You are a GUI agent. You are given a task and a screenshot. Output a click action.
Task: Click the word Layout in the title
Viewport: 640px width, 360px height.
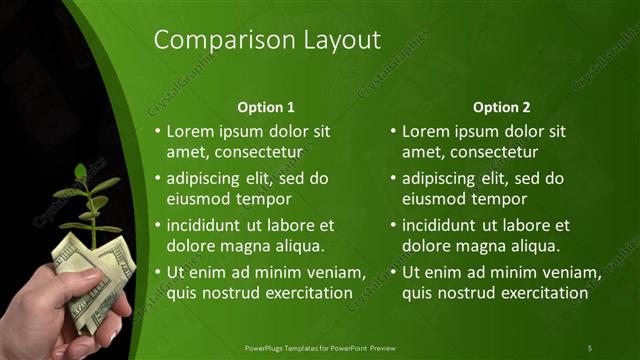coord(339,40)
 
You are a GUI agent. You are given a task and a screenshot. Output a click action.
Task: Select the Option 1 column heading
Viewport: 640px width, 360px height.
coord(266,107)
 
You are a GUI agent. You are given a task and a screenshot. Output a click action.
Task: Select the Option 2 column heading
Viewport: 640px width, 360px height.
coord(502,107)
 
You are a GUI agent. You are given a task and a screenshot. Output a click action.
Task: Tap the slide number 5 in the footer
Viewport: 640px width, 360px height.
coord(589,347)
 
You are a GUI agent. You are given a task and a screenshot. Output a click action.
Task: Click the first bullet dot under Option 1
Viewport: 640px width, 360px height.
coord(157,132)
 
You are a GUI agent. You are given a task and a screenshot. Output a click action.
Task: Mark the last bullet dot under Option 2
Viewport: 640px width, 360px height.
coord(393,273)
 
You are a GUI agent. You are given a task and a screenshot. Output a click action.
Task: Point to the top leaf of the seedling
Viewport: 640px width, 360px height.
coord(80,171)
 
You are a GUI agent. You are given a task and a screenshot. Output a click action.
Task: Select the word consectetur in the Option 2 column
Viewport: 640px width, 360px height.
coord(491,152)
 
